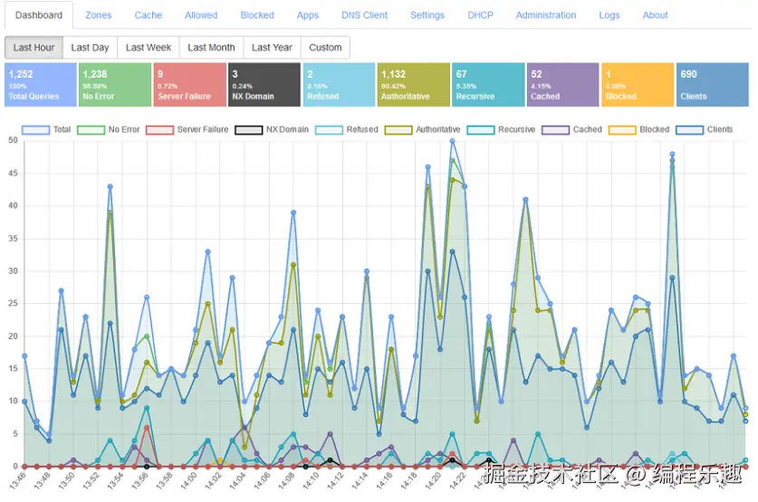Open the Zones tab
tap(99, 15)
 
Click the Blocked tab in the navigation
tap(257, 15)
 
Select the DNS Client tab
tap(364, 15)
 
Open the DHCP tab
tap(480, 15)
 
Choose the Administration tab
tap(546, 15)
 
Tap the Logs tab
tap(609, 15)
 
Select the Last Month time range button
tap(211, 48)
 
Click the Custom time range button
tap(325, 48)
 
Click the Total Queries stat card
tap(40, 85)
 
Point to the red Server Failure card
tap(189, 85)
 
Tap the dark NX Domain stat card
tap(264, 85)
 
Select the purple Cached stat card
tap(562, 85)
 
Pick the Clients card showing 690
tap(712, 85)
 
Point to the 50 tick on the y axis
tap(13, 140)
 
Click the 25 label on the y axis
tap(13, 303)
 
